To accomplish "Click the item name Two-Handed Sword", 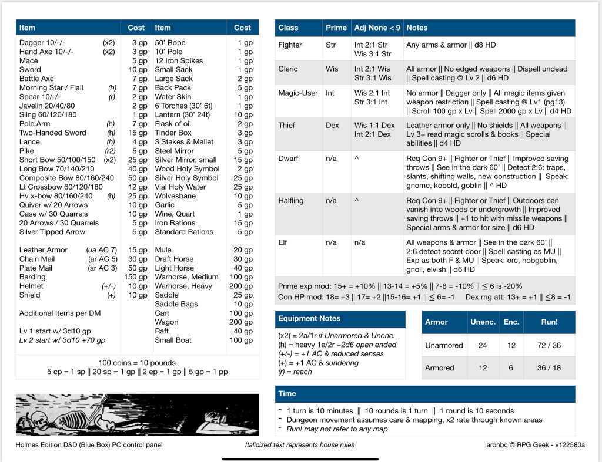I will point(53,133).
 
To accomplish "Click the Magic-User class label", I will point(298,93).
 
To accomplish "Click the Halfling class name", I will point(291,201).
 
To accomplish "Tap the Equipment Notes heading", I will point(309,319).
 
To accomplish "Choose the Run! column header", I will point(549,322).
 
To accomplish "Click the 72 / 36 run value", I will point(549,345).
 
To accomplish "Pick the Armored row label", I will point(440,368).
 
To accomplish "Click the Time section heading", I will point(287,394).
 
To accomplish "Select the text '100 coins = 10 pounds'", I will point(136,363).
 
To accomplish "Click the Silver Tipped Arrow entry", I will point(52,232).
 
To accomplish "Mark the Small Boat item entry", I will point(173,340).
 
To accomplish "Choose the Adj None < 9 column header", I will point(377,28).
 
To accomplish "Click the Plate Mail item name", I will point(36,268).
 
